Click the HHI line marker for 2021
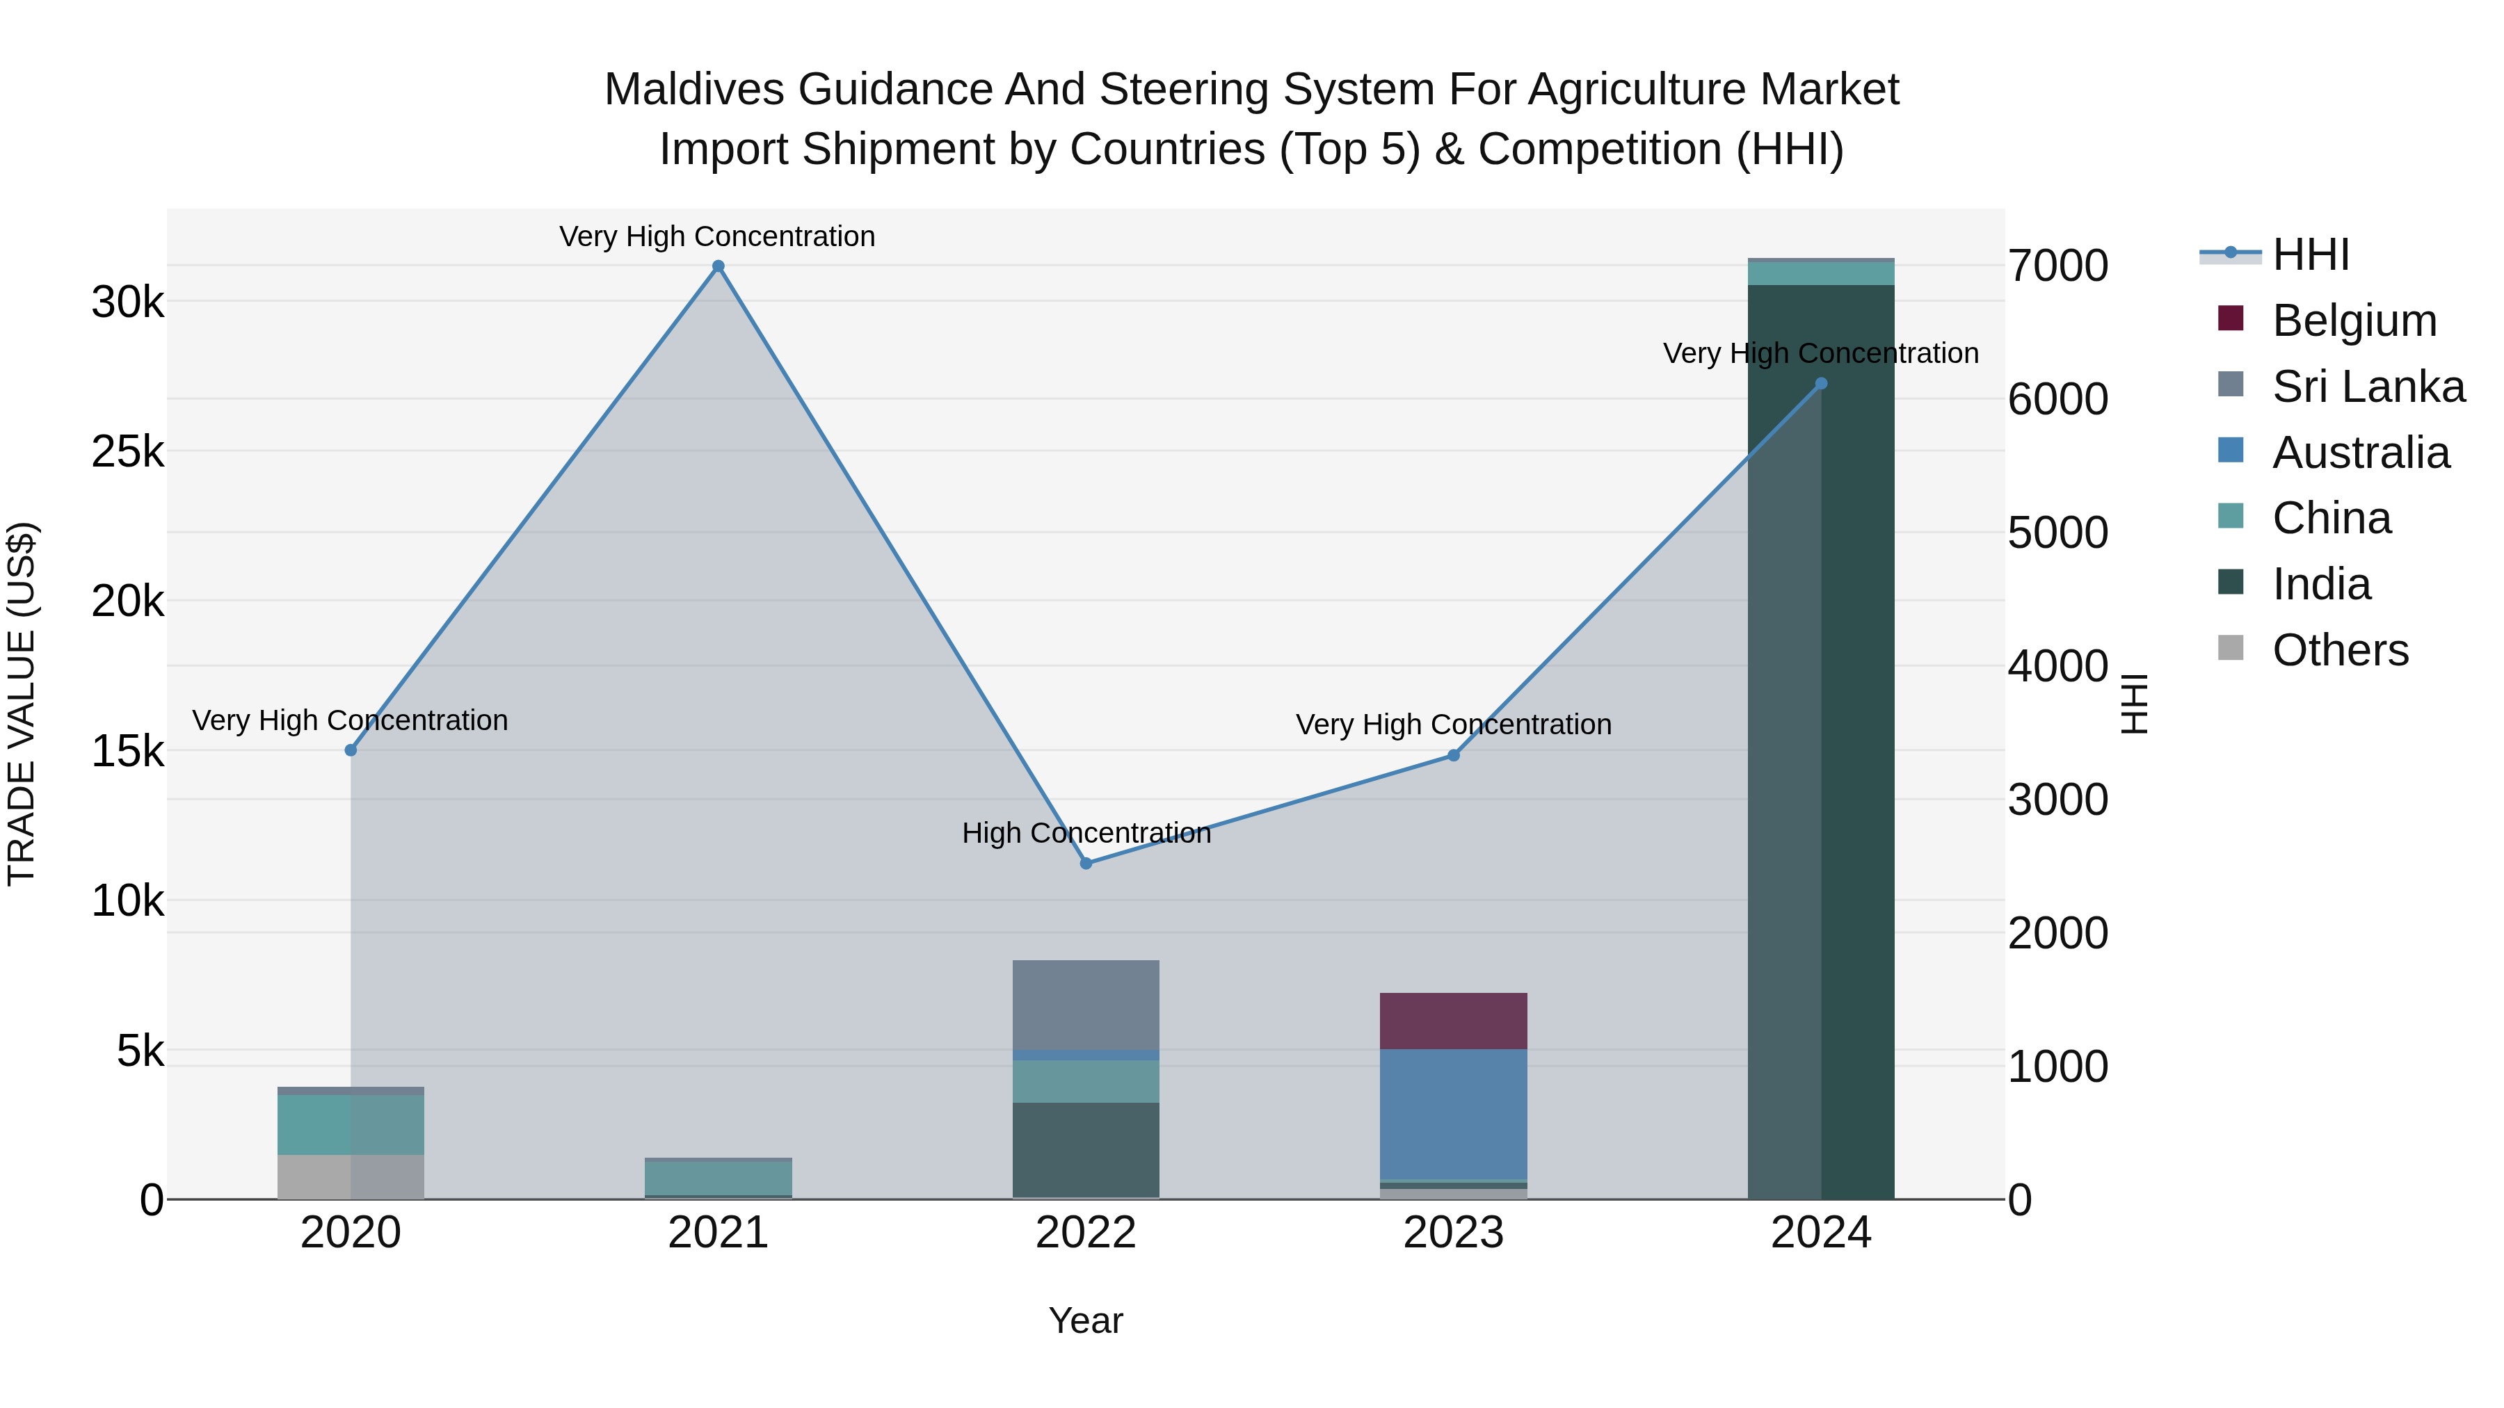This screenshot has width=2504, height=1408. [719, 266]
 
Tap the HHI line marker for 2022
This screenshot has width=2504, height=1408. [1086, 863]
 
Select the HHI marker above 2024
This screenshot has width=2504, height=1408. [1821, 384]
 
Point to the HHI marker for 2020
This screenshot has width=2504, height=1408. [351, 750]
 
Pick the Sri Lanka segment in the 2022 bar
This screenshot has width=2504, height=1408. [1086, 1005]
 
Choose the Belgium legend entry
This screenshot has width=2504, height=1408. [2353, 321]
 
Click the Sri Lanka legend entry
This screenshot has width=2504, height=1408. [2368, 387]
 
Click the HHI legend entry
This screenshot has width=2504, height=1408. [2309, 254]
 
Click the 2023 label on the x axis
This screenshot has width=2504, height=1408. [1453, 1233]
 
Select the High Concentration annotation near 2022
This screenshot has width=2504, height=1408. [1086, 833]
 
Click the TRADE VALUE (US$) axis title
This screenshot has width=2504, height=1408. [22, 704]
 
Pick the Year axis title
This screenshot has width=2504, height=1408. [1086, 1320]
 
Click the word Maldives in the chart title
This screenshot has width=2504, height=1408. [694, 90]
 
